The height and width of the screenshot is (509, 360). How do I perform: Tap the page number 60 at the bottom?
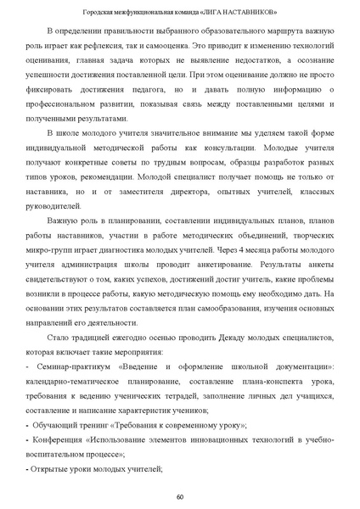pos(180,495)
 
